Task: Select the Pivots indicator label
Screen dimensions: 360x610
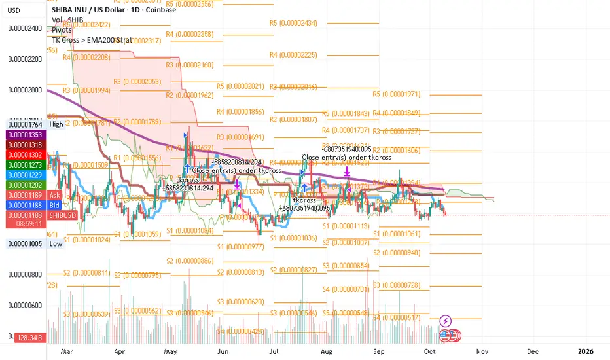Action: (62, 29)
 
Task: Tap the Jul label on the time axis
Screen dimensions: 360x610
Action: (274, 351)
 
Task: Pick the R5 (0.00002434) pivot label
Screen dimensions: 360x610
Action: (293, 23)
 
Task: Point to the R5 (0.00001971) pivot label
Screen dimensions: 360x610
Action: (395, 94)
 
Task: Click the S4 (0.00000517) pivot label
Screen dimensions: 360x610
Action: (395, 317)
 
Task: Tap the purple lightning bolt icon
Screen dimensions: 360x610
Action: (446, 321)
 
